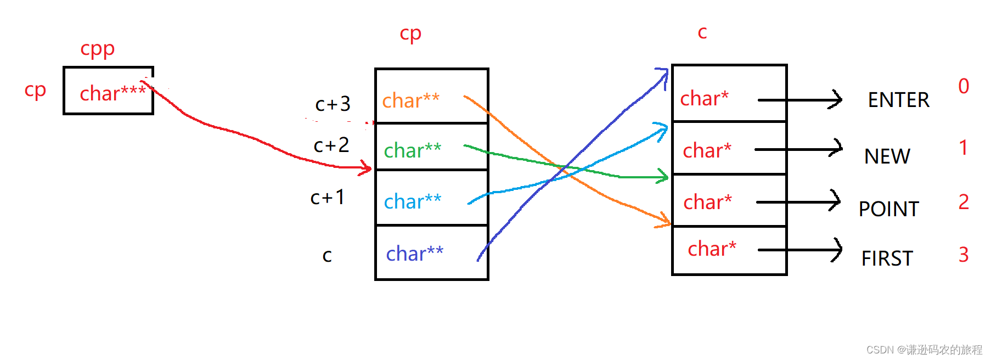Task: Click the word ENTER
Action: (898, 100)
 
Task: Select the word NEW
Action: (887, 156)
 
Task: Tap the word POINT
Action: (888, 209)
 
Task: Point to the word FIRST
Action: (887, 258)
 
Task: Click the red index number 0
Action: (964, 86)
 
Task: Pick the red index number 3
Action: (964, 255)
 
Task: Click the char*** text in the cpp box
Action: (112, 93)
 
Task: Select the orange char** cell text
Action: (410, 100)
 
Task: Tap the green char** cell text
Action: (412, 150)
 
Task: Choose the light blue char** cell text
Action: (412, 201)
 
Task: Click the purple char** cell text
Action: (414, 254)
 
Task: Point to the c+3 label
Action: (333, 104)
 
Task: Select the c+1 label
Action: (328, 197)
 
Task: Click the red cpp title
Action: (97, 49)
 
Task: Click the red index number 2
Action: (964, 202)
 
